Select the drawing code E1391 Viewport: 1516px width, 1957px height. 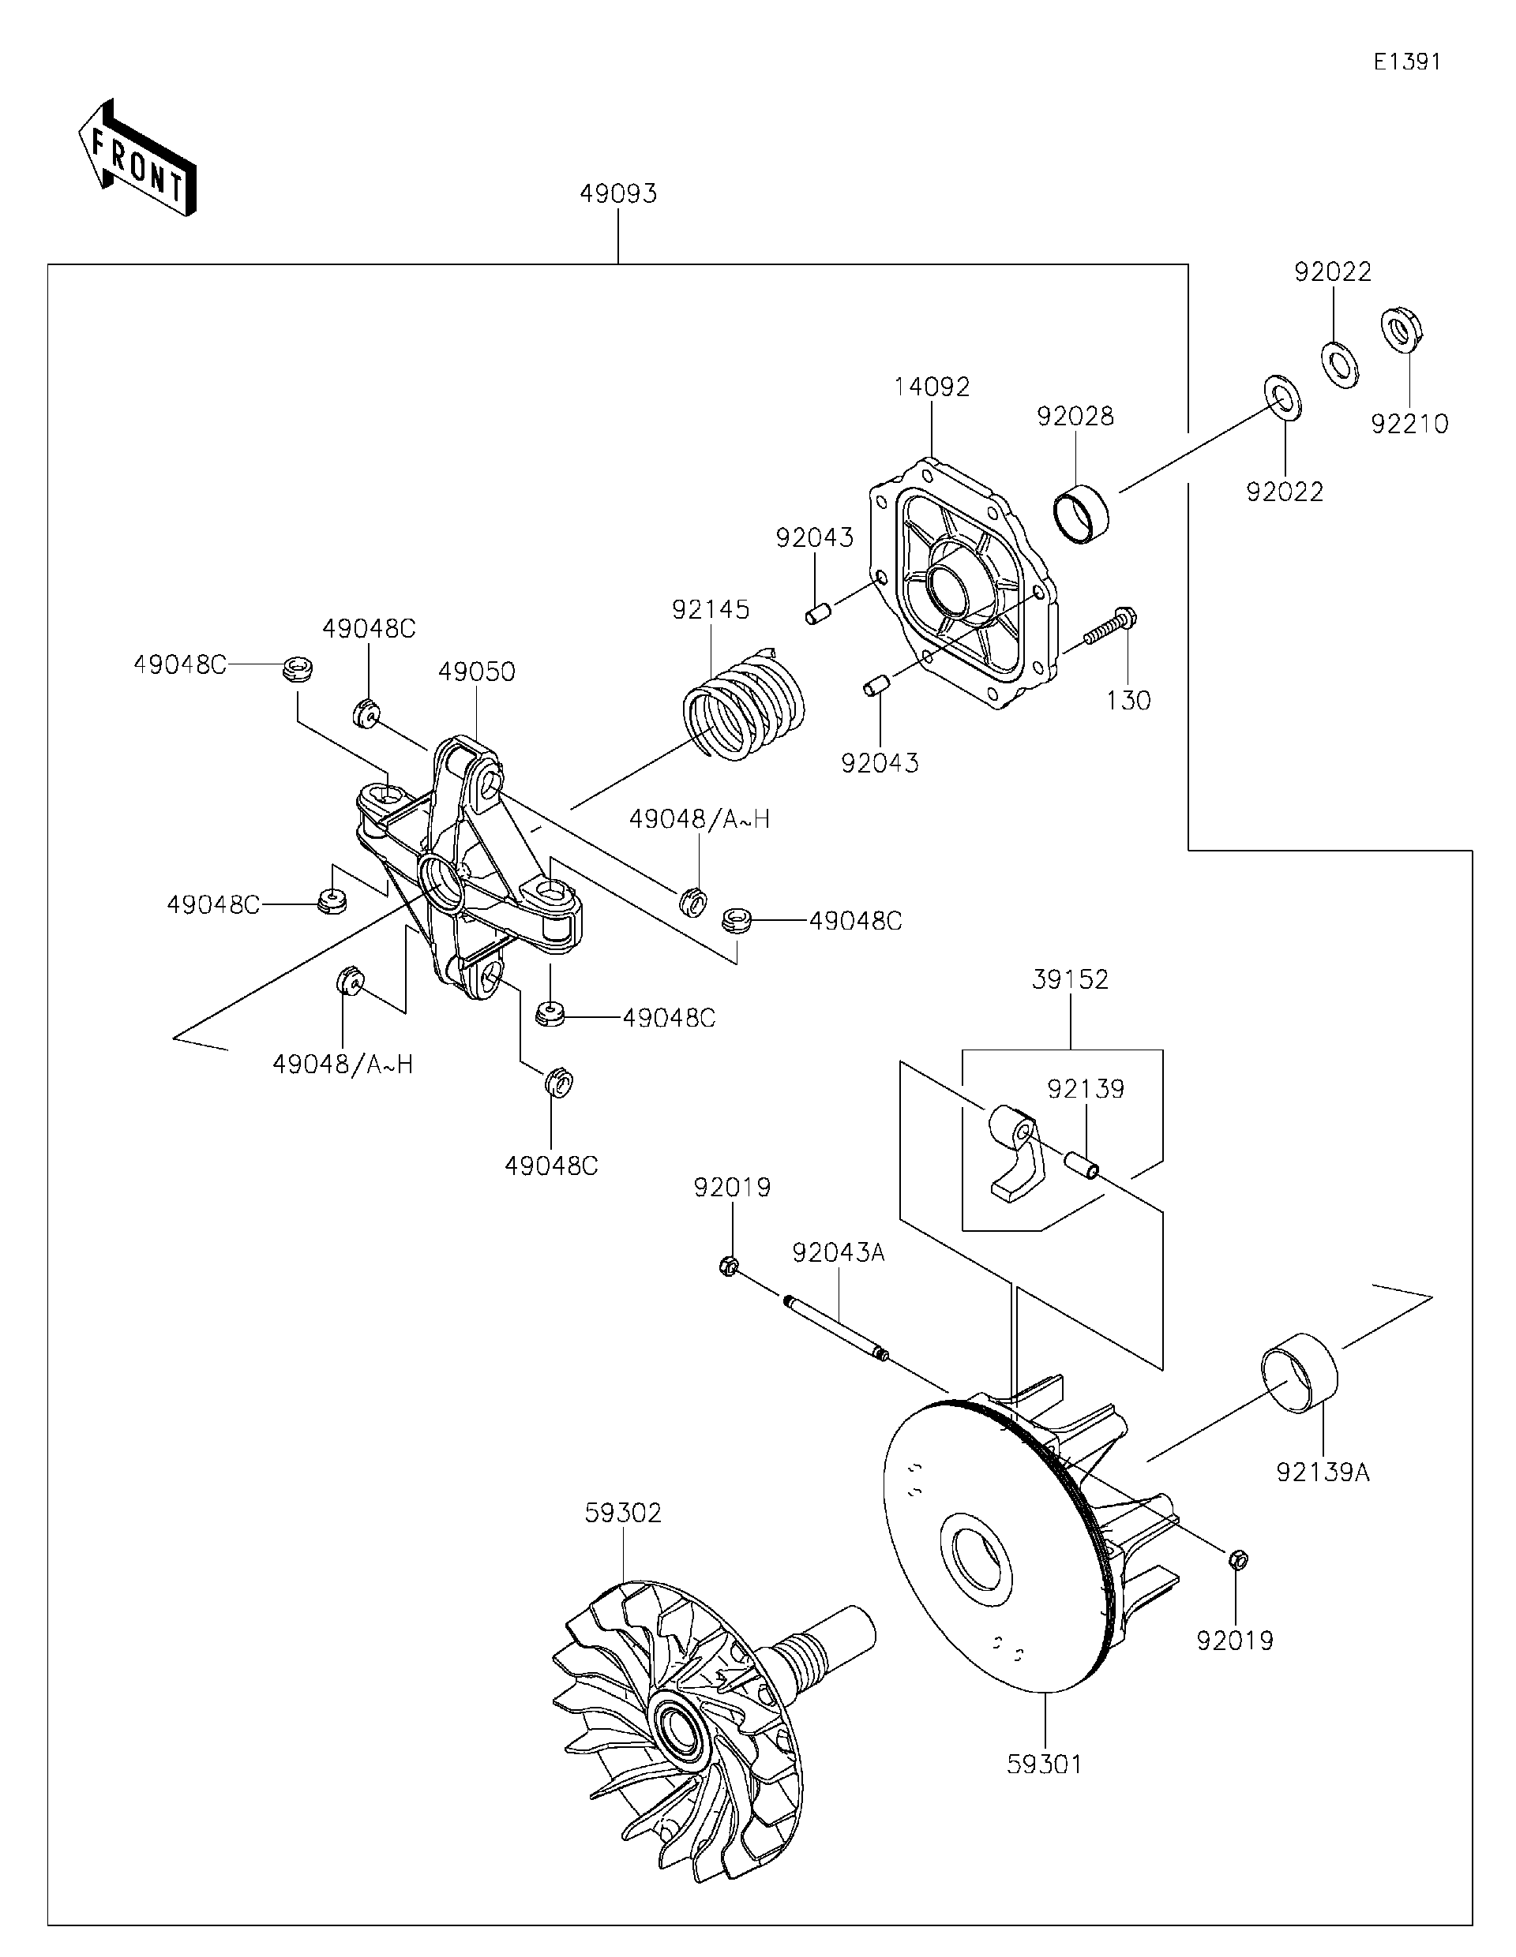coord(1406,62)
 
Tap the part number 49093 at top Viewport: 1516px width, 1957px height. coord(617,193)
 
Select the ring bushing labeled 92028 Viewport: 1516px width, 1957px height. coord(1079,515)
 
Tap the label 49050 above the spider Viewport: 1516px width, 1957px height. coord(476,672)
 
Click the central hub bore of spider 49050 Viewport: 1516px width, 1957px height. coord(440,881)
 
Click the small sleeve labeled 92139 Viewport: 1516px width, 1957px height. coord(1079,1165)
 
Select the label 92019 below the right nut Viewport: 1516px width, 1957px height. coord(1234,1641)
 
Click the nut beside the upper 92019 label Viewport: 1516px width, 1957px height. coord(728,1267)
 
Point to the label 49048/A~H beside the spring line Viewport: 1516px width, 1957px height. coord(700,819)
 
